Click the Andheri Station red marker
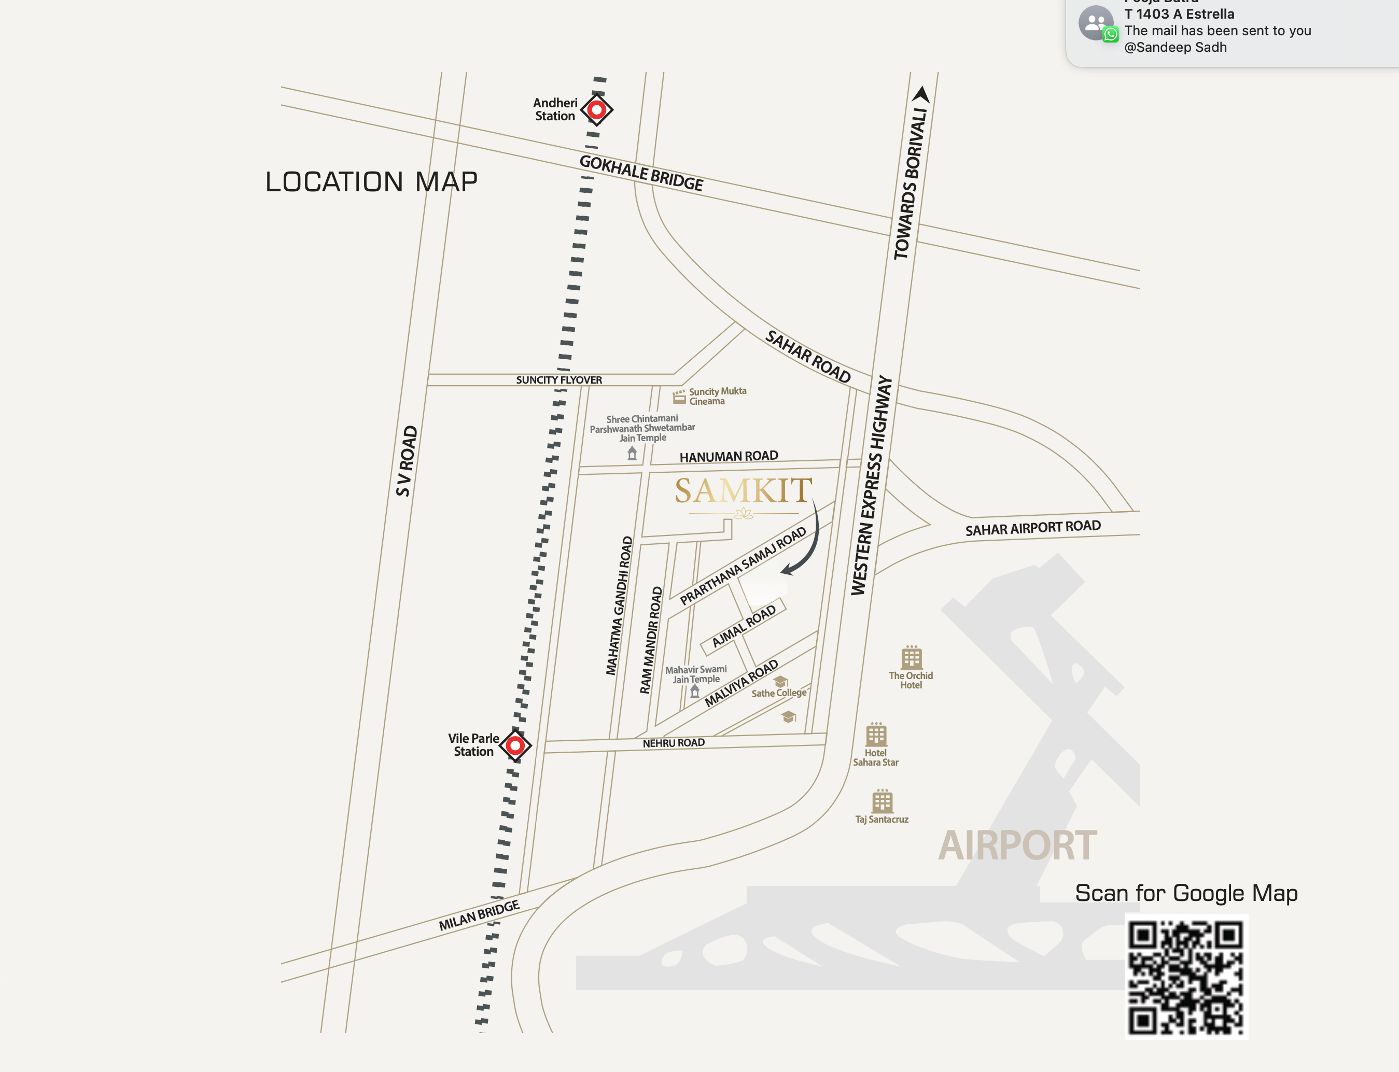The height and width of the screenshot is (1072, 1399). [597, 110]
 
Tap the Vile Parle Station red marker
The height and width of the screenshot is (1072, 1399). [515, 745]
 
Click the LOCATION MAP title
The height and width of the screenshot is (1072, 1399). [371, 182]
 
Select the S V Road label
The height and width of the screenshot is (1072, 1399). [406, 461]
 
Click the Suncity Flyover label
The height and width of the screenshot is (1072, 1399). [558, 379]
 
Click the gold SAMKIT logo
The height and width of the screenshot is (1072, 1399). [744, 491]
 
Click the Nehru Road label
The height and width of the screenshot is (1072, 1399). [674, 743]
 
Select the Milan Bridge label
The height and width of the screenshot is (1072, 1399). [479, 915]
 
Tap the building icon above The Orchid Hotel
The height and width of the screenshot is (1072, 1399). [912, 657]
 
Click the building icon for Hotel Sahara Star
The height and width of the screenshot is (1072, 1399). [876, 735]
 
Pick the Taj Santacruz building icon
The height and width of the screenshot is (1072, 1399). [882, 801]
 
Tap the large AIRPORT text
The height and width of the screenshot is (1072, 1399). [1017, 845]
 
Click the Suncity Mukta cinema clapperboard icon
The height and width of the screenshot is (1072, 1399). [679, 397]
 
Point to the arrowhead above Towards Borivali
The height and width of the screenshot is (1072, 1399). [921, 94]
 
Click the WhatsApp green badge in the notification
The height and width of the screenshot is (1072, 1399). [1111, 34]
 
